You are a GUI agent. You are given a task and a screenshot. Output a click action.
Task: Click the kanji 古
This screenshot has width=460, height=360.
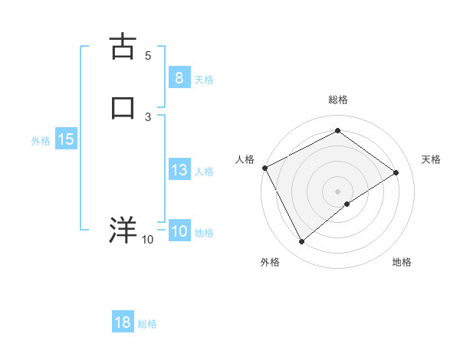[123, 46]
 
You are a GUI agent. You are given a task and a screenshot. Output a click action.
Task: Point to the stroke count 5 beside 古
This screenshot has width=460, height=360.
[148, 55]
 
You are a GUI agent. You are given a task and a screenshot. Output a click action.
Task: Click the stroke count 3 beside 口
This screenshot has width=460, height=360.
[148, 116]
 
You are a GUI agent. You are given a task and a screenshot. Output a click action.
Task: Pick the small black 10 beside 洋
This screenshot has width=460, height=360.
[148, 240]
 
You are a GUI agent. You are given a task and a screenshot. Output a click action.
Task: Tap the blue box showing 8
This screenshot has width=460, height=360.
[179, 77]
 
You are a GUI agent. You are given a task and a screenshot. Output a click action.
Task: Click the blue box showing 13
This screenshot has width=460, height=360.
[179, 170]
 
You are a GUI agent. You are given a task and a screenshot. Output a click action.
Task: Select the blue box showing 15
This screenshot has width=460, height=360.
[65, 139]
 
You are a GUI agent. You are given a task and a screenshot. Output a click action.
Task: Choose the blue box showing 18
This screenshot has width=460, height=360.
[123, 322]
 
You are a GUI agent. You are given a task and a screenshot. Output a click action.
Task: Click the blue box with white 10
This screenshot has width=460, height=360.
[179, 231]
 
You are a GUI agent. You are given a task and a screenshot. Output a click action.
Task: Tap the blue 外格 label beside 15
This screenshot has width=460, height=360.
[41, 141]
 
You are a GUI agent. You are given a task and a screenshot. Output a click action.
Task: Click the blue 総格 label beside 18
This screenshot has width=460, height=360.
[147, 324]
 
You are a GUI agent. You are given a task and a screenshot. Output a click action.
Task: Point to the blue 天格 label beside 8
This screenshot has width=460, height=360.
[204, 79]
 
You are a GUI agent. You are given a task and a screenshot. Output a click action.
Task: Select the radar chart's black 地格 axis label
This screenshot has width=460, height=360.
[402, 262]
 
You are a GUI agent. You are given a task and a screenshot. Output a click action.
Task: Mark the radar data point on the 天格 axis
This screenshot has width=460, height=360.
[396, 172]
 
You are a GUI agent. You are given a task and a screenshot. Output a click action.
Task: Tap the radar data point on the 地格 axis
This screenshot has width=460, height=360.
[347, 204]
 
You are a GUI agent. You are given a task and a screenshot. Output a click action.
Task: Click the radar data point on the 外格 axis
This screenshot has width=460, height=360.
[301, 242]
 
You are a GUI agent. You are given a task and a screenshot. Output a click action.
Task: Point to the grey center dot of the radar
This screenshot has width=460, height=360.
[337, 191]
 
